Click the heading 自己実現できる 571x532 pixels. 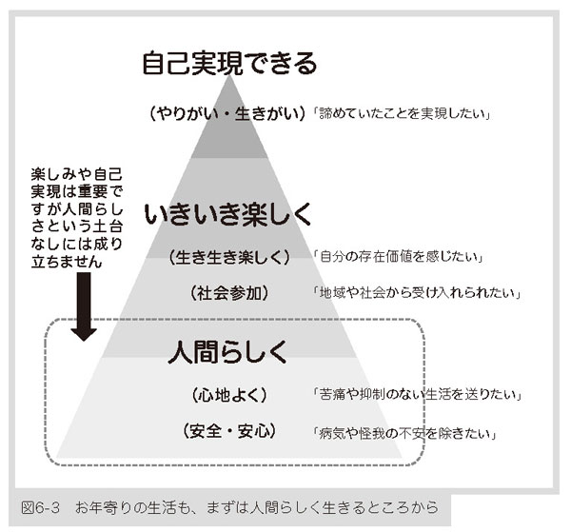tap(229, 63)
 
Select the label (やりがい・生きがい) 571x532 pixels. tap(227, 114)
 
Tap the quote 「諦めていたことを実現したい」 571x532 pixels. tap(402, 113)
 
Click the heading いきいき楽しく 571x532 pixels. tap(227, 214)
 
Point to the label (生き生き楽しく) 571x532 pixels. tap(229, 257)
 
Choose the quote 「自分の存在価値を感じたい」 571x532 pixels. tap(399, 257)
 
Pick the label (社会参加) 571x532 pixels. tap(229, 293)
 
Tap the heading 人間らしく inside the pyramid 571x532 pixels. tap(227, 352)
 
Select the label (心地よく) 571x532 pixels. tap(229, 395)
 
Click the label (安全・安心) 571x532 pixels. tap(229, 431)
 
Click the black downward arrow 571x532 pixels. tap(84, 306)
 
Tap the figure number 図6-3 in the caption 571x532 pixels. tap(40, 507)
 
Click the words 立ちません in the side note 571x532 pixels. tap(67, 262)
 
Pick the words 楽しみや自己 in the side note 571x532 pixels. tap(76, 174)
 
